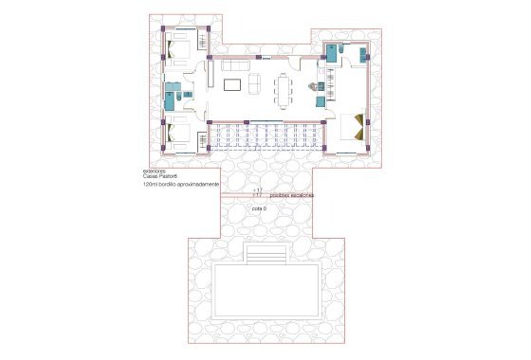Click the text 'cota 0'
coord(259,207)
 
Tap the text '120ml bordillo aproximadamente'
coord(182,185)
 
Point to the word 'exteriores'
coord(155,171)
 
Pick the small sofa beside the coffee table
coord(254,85)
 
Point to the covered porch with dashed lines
coord(268,136)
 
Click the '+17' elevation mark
coord(257,191)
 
